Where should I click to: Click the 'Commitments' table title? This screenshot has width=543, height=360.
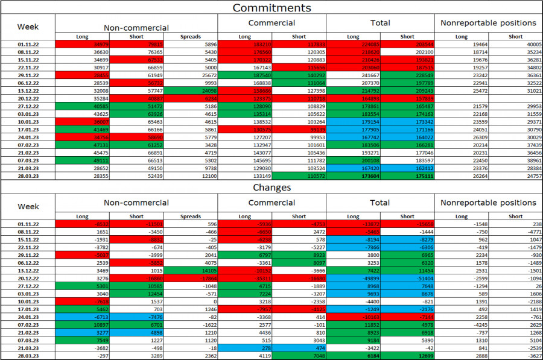pyautogui.click(x=271, y=8)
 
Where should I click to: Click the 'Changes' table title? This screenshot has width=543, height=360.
pyautogui.click(x=271, y=188)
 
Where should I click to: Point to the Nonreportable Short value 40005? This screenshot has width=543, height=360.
pyautogui.click(x=515, y=45)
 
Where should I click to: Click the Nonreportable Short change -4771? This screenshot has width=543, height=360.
pyautogui.click(x=515, y=232)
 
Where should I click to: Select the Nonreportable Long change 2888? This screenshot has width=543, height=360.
pyautogui.click(x=462, y=356)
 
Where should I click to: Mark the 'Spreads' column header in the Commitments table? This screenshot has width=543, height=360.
pyautogui.click(x=191, y=37)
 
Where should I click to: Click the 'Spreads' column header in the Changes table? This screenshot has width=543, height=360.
pyautogui.click(x=191, y=216)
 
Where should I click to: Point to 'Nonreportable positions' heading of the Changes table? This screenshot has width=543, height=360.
pyautogui.click(x=488, y=203)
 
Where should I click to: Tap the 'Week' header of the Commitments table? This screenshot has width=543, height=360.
pyautogui.click(x=28, y=27)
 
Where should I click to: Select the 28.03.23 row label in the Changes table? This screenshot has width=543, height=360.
pyautogui.click(x=28, y=356)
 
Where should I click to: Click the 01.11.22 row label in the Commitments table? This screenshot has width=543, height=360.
pyautogui.click(x=28, y=45)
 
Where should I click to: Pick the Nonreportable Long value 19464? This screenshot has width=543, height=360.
pyautogui.click(x=462, y=45)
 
